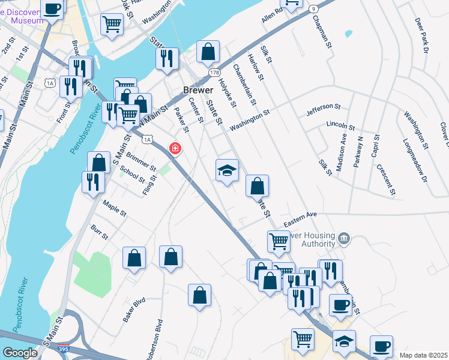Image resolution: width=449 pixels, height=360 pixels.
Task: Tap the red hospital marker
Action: (175, 148)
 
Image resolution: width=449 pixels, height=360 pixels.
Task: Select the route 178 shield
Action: (214, 73)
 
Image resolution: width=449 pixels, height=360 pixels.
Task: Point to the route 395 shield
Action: (64, 348)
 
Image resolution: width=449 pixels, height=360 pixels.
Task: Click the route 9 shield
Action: (313, 9)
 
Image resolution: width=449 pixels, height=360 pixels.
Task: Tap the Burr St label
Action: (99, 232)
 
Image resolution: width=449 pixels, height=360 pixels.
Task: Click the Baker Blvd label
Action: (134, 310)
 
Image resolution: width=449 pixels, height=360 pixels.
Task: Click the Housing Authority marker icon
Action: (343, 239)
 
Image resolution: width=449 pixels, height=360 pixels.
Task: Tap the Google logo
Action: (20, 352)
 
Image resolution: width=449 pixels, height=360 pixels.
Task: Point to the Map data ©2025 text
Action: (423, 355)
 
